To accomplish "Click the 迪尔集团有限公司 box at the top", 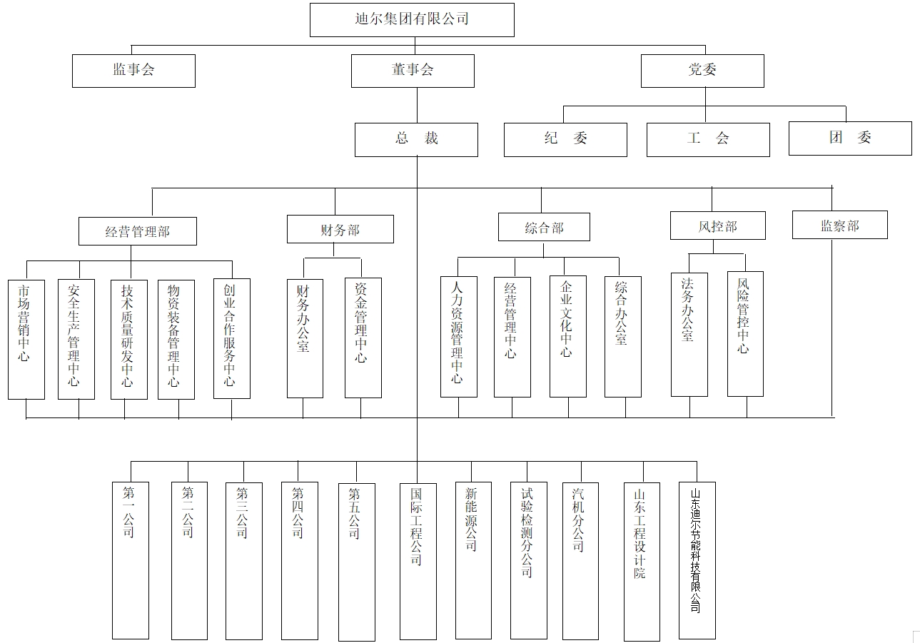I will (x=412, y=19).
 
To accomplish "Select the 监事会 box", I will (x=133, y=71).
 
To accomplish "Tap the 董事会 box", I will (x=413, y=71).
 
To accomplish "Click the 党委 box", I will (x=702, y=71).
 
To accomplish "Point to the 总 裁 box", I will (x=416, y=139).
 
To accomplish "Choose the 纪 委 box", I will (x=565, y=139).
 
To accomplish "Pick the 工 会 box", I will (x=708, y=139).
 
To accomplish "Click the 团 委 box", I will (x=850, y=138).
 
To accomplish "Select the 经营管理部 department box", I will (x=138, y=231).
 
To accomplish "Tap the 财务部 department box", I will (x=340, y=230).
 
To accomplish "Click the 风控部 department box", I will (x=717, y=226).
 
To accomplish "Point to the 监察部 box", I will (x=839, y=226).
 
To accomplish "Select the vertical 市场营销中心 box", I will (x=26, y=339).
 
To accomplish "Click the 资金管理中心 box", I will (x=363, y=338).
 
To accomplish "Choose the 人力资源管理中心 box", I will (x=458, y=336).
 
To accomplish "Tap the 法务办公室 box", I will (x=689, y=334).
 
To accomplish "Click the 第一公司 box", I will (x=131, y=560).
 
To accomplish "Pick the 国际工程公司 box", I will (x=418, y=560).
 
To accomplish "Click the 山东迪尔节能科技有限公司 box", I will (x=697, y=560).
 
